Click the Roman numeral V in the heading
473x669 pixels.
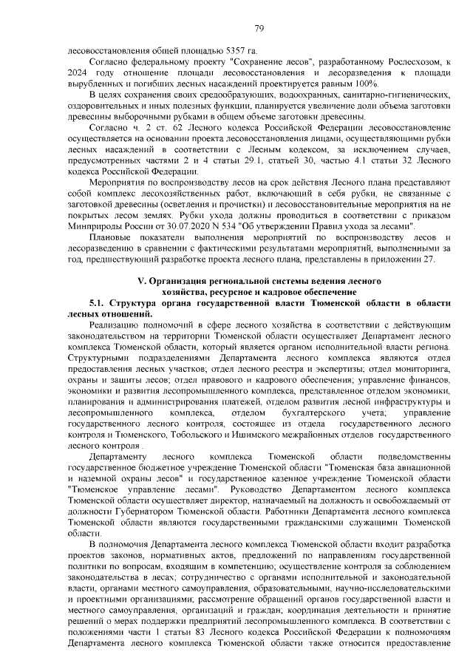[x=142, y=282]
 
